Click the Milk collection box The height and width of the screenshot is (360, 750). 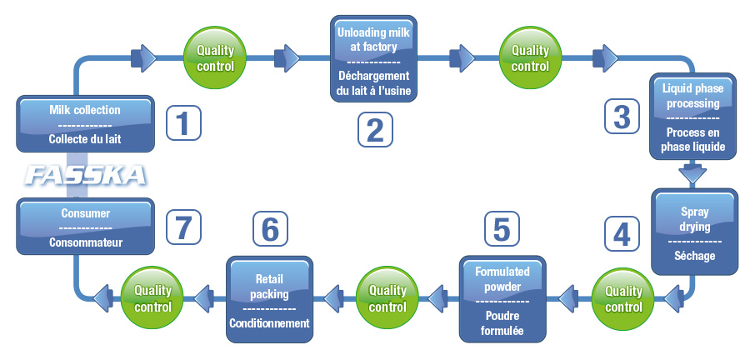[x=86, y=124]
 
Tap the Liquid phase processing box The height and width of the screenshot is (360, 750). [x=693, y=117]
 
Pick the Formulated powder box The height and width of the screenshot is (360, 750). [x=502, y=298]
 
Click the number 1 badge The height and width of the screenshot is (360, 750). [x=183, y=122]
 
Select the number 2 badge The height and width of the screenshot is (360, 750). [x=374, y=129]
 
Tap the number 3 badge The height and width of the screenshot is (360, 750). [x=621, y=116]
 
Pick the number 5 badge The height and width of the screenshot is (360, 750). [x=501, y=228]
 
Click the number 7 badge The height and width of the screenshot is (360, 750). [x=183, y=226]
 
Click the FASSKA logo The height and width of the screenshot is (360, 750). [x=86, y=175]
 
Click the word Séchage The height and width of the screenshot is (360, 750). [x=696, y=256]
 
